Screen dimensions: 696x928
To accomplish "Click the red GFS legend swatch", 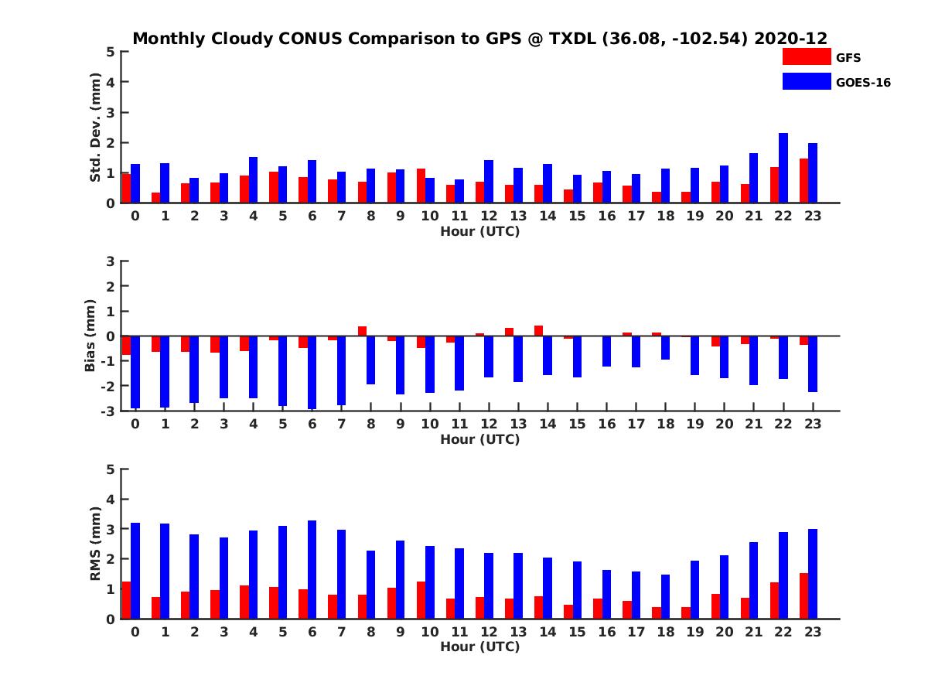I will click(x=807, y=56).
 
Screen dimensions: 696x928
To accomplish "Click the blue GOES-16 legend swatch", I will click(x=807, y=81).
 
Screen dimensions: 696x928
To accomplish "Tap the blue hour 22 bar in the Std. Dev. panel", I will click(x=783, y=168).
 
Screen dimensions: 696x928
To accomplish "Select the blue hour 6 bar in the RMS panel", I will click(x=312, y=569).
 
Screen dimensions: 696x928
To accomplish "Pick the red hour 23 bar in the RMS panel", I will click(x=804, y=595).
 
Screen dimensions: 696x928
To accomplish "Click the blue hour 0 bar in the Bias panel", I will click(x=135, y=371).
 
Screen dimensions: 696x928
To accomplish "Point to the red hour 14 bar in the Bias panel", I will click(x=538, y=331).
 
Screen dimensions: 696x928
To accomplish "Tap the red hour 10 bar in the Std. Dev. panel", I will click(x=421, y=186).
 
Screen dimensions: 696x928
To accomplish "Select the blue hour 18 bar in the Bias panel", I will click(x=665, y=348).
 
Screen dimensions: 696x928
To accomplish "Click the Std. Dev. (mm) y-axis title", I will click(x=96, y=128).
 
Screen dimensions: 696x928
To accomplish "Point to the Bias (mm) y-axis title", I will click(x=90, y=336).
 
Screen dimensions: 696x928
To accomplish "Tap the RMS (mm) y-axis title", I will click(x=96, y=544).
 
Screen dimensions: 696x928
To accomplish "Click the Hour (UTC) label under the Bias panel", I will click(x=479, y=439).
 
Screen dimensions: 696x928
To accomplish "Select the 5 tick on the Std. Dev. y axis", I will click(x=111, y=52).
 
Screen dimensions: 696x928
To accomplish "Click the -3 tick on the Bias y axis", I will click(x=109, y=411).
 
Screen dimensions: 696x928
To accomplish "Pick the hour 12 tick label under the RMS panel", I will click(x=489, y=632).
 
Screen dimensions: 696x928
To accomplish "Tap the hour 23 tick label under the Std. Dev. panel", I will click(x=813, y=216).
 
